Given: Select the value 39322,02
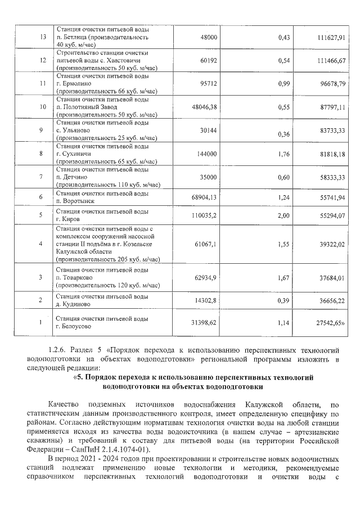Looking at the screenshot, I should pos(330,244).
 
